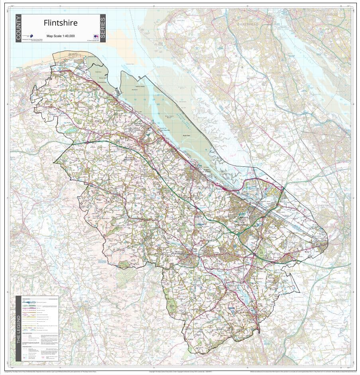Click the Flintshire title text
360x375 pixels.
pos(61,23)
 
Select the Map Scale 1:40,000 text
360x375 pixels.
pos(61,36)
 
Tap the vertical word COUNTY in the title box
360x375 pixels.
pos(18,28)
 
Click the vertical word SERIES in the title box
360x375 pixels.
pos(103,28)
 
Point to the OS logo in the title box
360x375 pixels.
pos(95,36)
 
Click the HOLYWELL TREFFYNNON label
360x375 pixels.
pos(135,130)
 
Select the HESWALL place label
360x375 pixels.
pos(222,75)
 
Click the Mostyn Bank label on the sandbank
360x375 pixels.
pos(101,79)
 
